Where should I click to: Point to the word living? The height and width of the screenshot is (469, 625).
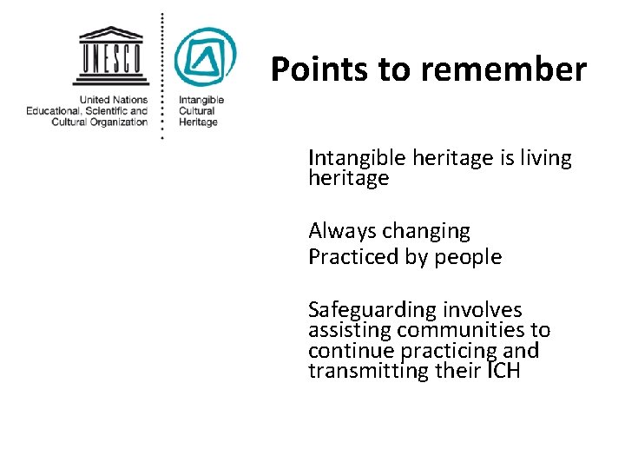coord(542,158)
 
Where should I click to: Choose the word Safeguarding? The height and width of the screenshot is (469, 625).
coord(372,310)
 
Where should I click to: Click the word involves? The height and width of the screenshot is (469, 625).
coord(483,310)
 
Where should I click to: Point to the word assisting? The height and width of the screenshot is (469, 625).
coord(350,331)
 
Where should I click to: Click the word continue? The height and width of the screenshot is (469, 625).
coord(348,351)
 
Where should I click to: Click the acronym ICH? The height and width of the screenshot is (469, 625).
coord(503,372)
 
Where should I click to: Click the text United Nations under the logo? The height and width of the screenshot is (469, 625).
coord(115,100)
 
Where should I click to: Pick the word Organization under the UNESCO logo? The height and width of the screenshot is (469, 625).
coord(121,122)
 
